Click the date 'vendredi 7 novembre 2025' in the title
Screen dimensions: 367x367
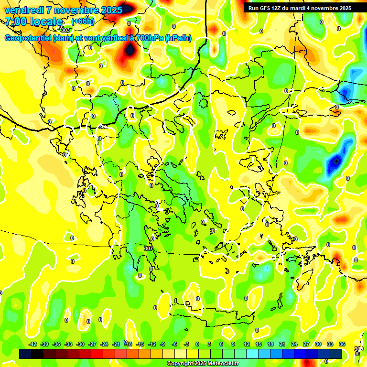click(x=63, y=10)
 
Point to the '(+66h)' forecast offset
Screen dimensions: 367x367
click(x=83, y=21)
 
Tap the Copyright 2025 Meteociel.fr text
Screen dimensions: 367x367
click(x=203, y=364)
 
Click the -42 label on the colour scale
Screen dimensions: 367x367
click(x=33, y=344)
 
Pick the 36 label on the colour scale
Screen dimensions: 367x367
click(x=342, y=344)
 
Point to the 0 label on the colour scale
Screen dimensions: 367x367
click(x=198, y=344)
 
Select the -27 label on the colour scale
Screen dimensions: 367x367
click(x=92, y=344)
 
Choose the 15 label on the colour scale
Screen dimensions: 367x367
click(x=258, y=344)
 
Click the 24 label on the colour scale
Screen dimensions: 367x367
click(x=294, y=344)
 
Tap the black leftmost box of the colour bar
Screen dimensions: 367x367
click(x=25, y=354)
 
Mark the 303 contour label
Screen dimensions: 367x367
click(x=65, y=30)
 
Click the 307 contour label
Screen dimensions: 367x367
click(x=148, y=248)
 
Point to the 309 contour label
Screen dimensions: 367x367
click(x=359, y=349)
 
